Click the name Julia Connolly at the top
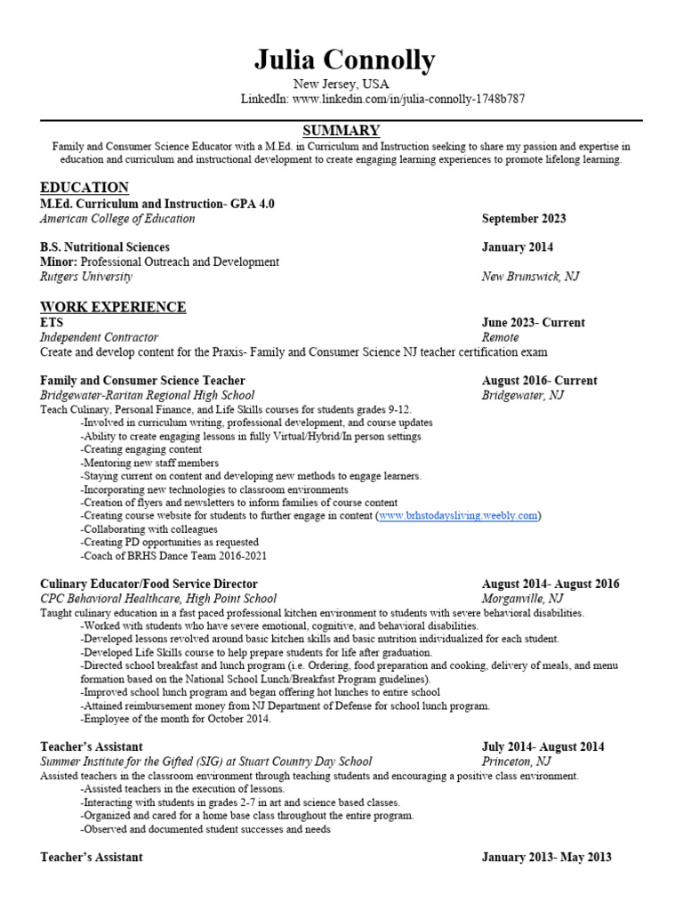[344, 60]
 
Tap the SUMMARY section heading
[341, 131]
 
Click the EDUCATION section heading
[84, 187]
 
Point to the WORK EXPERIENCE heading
[113, 307]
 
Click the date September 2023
[524, 219]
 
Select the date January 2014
[517, 247]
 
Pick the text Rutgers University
[86, 277]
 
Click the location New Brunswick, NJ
[530, 277]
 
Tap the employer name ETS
[52, 323]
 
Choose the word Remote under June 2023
[500, 337]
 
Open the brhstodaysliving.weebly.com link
[458, 516]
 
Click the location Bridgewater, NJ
[522, 395]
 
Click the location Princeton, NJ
[516, 762]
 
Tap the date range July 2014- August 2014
[542, 747]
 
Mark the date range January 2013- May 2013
[546, 858]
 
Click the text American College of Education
[117, 219]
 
